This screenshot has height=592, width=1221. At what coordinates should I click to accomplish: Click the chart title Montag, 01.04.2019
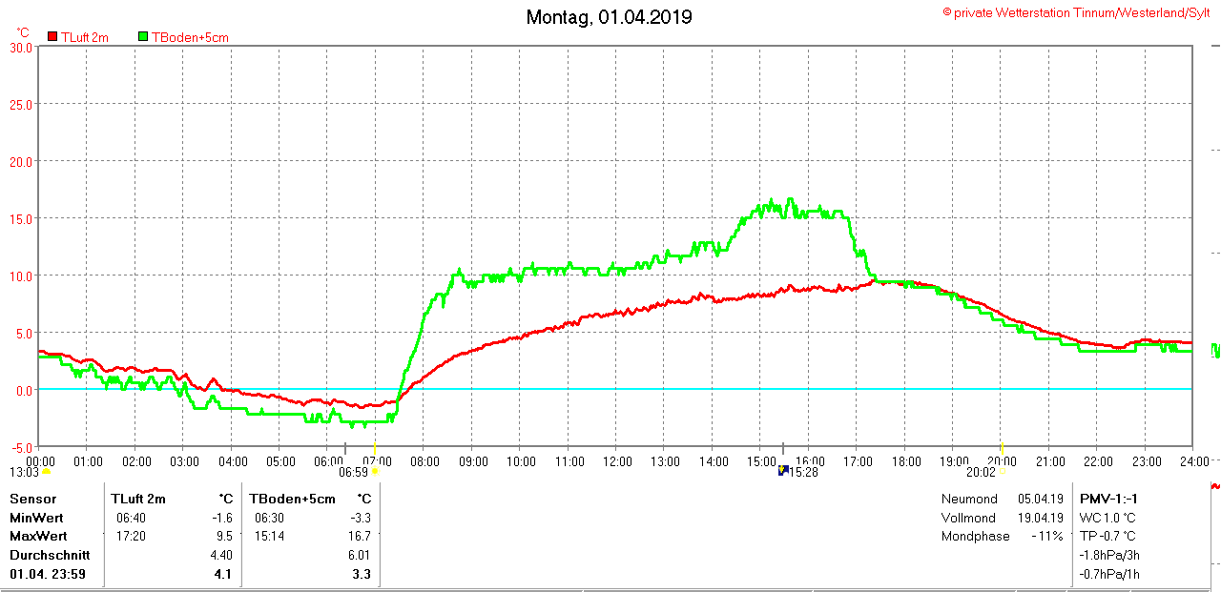pyautogui.click(x=610, y=17)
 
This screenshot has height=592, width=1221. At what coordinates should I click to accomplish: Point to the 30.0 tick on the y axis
pyautogui.click(x=21, y=47)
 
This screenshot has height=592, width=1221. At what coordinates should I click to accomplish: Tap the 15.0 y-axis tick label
pyautogui.click(x=21, y=218)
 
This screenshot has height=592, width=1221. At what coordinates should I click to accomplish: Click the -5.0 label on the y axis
pyautogui.click(x=21, y=447)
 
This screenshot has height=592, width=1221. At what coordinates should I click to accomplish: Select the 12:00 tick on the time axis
pyautogui.click(x=617, y=461)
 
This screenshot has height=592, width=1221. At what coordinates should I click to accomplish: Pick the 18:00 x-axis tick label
pyautogui.click(x=906, y=461)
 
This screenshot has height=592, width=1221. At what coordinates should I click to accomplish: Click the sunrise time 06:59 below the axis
pyautogui.click(x=354, y=472)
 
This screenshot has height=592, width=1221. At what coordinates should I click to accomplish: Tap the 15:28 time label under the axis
pyautogui.click(x=805, y=472)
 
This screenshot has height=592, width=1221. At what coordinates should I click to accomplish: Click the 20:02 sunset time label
pyautogui.click(x=981, y=472)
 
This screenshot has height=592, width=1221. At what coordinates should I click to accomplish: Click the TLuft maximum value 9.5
pyautogui.click(x=224, y=536)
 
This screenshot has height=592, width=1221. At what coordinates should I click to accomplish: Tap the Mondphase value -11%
pyautogui.click(x=1046, y=536)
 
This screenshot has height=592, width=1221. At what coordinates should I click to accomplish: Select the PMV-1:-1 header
pyautogui.click(x=1108, y=499)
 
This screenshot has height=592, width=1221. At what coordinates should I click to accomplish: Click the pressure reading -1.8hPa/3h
pyautogui.click(x=1109, y=555)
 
